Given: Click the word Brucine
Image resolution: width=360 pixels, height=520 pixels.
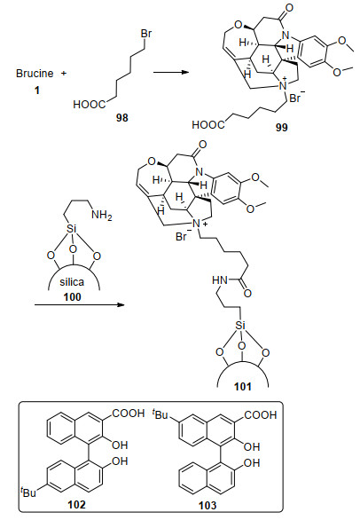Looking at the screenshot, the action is [35, 74].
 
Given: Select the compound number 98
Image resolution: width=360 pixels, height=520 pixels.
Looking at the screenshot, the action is [122, 118].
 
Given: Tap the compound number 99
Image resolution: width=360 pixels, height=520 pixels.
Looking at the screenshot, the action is [281, 127].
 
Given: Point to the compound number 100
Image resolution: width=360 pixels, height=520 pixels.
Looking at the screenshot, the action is [72, 296].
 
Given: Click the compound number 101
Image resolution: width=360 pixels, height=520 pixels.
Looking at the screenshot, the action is [243, 386].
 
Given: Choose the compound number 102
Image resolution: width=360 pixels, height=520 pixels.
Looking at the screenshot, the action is [76, 505].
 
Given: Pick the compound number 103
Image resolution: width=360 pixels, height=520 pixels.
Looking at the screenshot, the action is [207, 506].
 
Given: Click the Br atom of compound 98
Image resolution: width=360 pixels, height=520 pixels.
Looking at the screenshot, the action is [146, 34].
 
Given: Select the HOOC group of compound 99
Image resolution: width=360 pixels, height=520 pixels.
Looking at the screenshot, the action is [208, 125].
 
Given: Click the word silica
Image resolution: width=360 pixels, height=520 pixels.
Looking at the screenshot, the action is [72, 282].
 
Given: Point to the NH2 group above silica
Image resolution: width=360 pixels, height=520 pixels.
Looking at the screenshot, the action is [102, 216].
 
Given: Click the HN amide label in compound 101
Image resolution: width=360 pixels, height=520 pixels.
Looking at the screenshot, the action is [220, 280].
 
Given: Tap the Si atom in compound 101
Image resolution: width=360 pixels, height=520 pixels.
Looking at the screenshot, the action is [240, 325].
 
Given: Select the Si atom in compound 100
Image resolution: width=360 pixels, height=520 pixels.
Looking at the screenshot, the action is [72, 228].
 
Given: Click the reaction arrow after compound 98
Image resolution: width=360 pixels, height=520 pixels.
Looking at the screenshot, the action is [171, 72].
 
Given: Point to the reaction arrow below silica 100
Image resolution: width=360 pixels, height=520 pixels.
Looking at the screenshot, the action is [79, 304].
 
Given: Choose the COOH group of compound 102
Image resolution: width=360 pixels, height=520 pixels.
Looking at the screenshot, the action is [129, 414].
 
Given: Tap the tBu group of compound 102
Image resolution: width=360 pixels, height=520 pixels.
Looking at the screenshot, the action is [27, 492].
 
